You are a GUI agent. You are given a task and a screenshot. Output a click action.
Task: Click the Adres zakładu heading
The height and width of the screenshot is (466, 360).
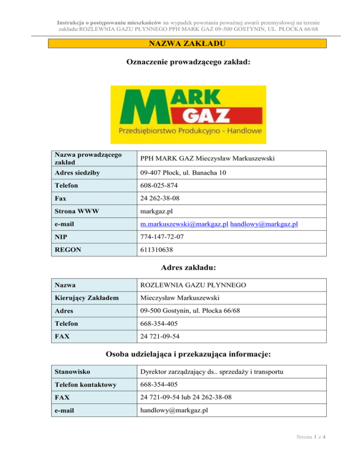[x=187, y=268]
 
